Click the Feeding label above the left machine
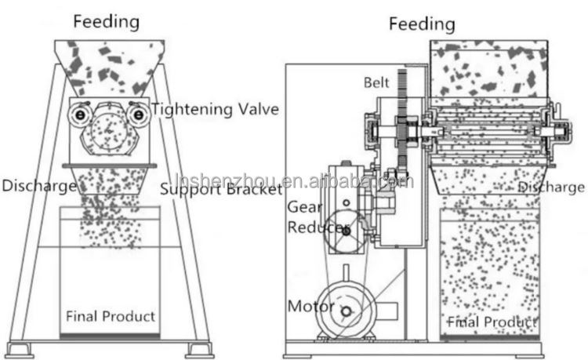(106, 21)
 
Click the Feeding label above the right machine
(422, 24)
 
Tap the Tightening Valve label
(216, 109)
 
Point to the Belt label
(377, 82)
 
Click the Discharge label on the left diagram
(39, 186)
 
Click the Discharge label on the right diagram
(551, 187)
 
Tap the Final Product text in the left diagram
(110, 316)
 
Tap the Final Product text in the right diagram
(492, 322)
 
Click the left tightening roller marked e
(78, 115)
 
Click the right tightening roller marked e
(139, 115)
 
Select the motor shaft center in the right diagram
(346, 311)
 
